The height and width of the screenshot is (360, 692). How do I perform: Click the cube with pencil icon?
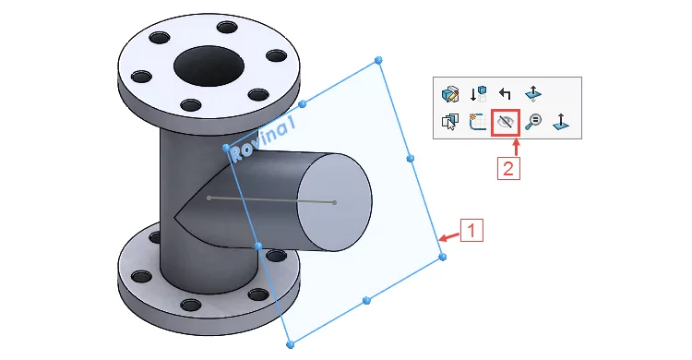coord(449,94)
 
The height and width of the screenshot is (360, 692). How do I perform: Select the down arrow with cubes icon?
coord(478,93)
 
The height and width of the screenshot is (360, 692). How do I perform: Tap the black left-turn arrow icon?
coord(505,93)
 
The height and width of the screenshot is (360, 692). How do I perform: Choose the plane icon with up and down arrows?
coord(532,93)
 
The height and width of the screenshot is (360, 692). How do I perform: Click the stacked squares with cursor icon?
coord(449,122)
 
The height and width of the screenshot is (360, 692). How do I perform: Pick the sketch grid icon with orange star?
coord(478,122)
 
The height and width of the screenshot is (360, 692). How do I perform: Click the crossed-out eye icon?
coord(506,122)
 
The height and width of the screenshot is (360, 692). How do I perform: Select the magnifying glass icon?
coord(533,122)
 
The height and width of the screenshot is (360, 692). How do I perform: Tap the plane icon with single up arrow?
coord(560,122)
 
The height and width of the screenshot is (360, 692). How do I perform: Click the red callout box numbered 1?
coord(471,230)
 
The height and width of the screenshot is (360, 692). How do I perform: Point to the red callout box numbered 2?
coord(508,168)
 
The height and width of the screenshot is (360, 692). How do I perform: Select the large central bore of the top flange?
coord(209,66)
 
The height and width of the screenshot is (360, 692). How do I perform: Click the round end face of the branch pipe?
coord(335,202)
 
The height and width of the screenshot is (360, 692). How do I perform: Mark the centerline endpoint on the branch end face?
coord(335,203)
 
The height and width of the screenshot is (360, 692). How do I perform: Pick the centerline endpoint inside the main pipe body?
coord(209,198)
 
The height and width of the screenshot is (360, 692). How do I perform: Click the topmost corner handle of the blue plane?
coord(378,60)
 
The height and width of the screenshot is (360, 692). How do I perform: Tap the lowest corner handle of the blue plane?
coord(290,344)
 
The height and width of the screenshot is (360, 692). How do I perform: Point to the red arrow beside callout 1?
coord(449,237)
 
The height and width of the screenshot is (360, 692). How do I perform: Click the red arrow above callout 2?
coord(516,147)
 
